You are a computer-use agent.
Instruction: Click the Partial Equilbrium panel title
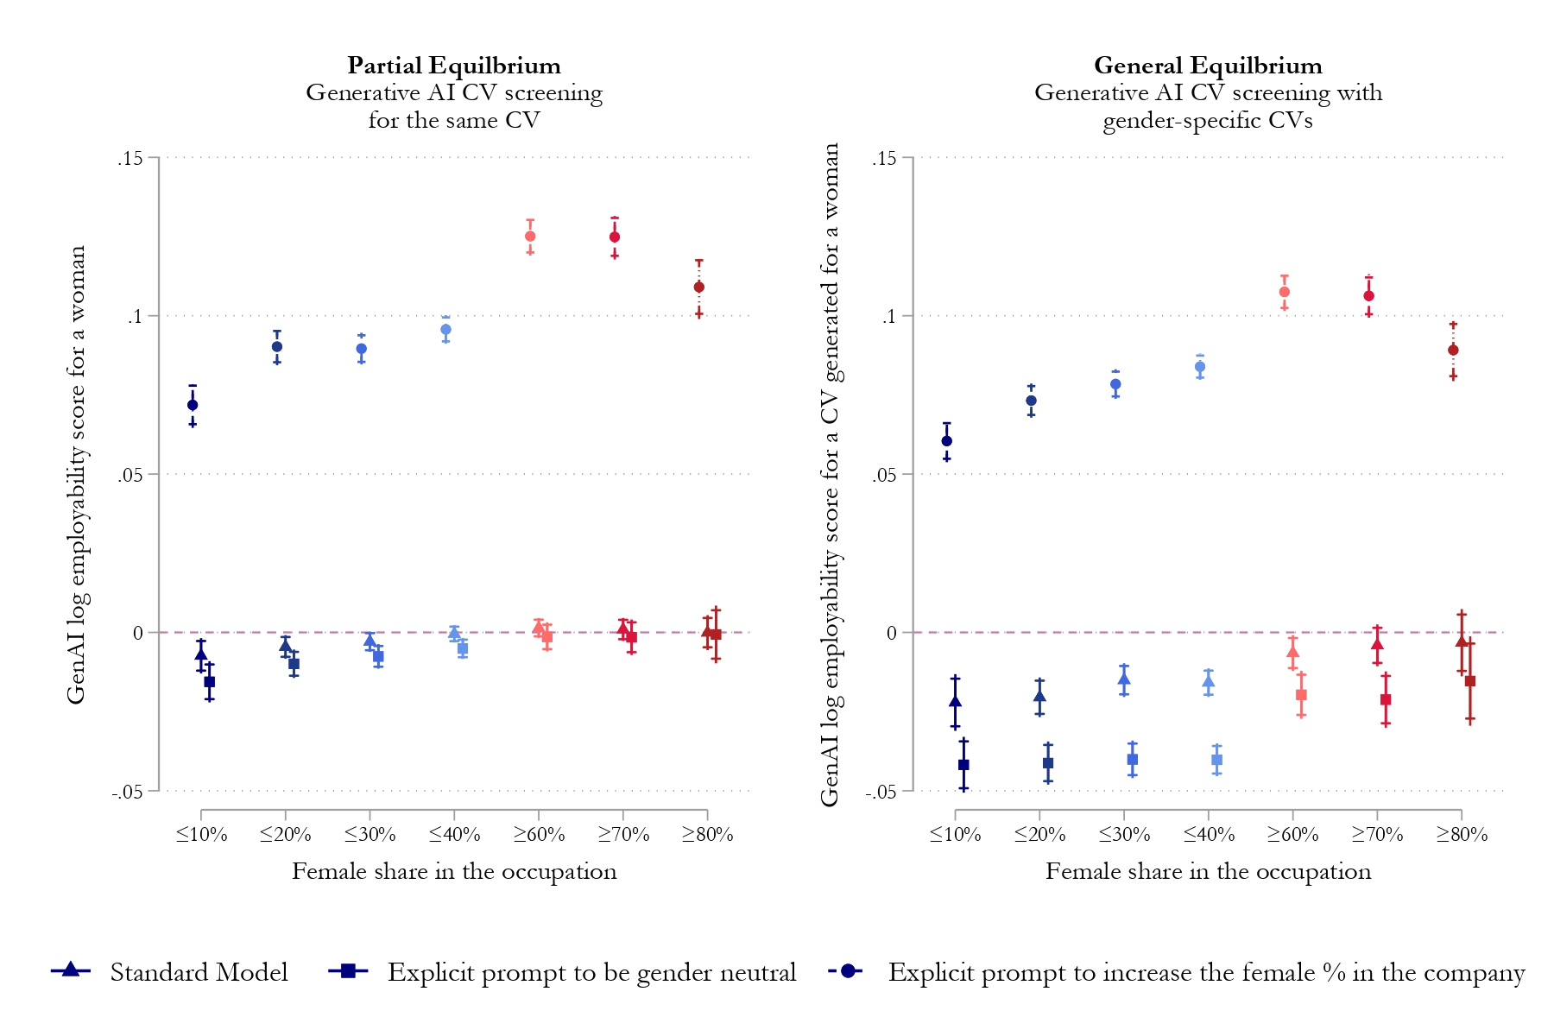[454, 66]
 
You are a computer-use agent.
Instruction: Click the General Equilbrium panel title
[1208, 66]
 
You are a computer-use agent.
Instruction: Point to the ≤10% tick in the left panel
[201, 834]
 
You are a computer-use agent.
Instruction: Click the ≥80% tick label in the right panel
[1462, 834]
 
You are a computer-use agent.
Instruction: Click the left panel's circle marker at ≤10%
[193, 405]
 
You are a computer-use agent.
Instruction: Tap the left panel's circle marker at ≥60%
[530, 237]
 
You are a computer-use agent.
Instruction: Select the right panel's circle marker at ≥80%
[1453, 350]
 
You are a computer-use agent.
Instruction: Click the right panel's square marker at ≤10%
[963, 765]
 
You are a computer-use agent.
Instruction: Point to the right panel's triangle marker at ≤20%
[1039, 696]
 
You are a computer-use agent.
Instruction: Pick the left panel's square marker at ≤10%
[210, 682]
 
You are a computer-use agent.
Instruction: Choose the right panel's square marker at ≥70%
[1386, 699]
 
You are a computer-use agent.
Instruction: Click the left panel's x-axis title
[454, 871]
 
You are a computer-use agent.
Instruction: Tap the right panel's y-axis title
[831, 475]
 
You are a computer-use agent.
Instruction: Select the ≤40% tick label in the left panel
[454, 834]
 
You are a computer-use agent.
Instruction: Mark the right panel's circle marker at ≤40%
[1200, 367]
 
